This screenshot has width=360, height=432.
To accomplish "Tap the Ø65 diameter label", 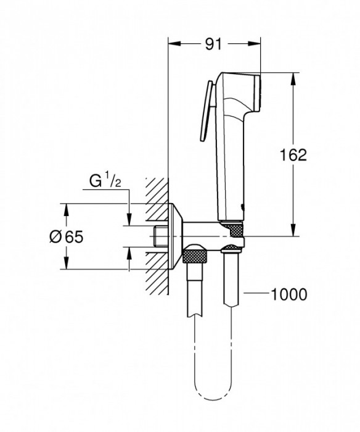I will point(66,236).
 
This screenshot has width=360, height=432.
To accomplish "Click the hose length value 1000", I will point(289,294).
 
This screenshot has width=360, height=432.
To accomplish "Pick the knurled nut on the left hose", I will point(195,254).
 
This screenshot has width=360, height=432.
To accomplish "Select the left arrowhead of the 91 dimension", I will point(173,44).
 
